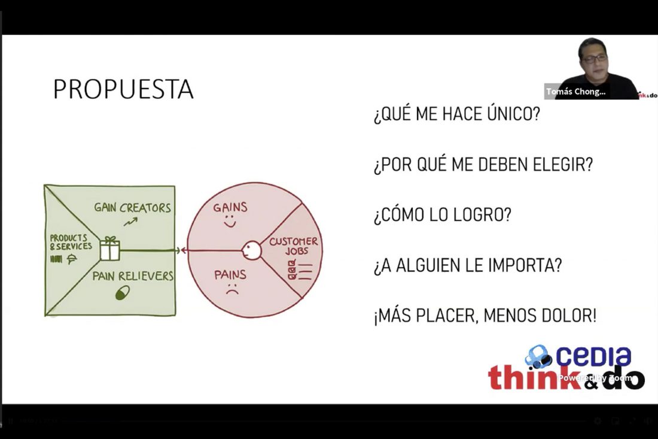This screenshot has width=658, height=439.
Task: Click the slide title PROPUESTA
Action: click(x=123, y=89)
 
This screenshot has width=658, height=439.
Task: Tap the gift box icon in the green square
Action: click(x=109, y=248)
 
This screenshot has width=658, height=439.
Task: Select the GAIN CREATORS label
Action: click(x=132, y=208)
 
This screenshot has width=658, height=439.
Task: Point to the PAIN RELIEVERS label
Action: click(x=133, y=276)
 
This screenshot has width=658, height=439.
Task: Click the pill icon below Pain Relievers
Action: click(x=123, y=292)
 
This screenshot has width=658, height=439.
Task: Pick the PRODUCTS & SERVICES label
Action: click(x=71, y=242)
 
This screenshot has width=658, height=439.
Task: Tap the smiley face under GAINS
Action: click(x=230, y=222)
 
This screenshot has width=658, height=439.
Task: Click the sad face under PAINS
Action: click(x=231, y=291)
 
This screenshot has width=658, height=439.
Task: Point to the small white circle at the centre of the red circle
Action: click(x=251, y=250)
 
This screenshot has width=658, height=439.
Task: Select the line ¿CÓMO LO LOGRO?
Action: click(x=443, y=215)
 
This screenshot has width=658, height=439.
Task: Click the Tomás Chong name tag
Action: click(x=575, y=92)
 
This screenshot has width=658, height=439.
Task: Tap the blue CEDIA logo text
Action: click(x=593, y=356)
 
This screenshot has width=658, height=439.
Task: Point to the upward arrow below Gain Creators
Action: click(x=130, y=222)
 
